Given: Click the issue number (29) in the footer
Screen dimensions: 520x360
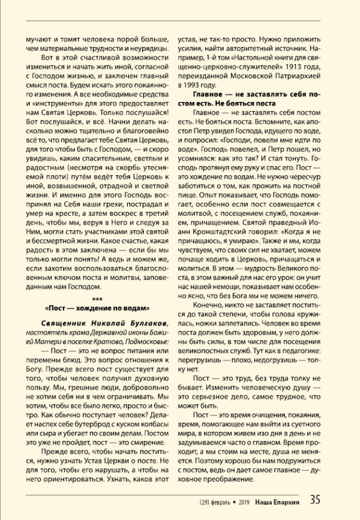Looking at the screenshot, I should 208,500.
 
